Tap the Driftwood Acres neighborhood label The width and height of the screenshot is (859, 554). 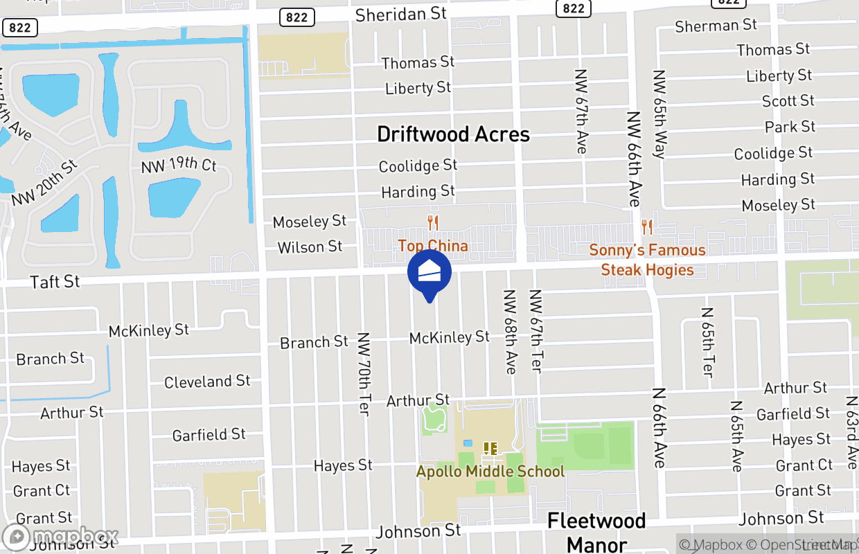pyautogui.click(x=453, y=134)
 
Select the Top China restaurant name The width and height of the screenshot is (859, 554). pyautogui.click(x=433, y=246)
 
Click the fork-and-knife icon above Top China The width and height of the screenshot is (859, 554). pyautogui.click(x=433, y=223)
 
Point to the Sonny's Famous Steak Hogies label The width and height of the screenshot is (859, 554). pyautogui.click(x=647, y=260)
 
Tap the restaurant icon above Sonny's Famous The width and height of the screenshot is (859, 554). pyautogui.click(x=647, y=226)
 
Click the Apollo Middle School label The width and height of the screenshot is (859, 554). pyautogui.click(x=490, y=472)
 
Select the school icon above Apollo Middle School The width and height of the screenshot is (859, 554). pyautogui.click(x=490, y=449)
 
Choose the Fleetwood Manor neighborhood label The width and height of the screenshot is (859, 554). pyautogui.click(x=596, y=532)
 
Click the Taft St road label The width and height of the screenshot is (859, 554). pyautogui.click(x=55, y=282)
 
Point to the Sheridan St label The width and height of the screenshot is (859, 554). pyautogui.click(x=400, y=14)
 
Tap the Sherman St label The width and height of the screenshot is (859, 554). pyautogui.click(x=716, y=26)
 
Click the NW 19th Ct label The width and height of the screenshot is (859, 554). pyautogui.click(x=179, y=166)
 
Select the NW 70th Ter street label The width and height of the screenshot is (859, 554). pyautogui.click(x=364, y=374)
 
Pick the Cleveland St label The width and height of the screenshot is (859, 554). pyautogui.click(x=207, y=382)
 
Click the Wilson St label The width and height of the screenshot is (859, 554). pyautogui.click(x=310, y=247)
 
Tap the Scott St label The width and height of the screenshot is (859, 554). pyautogui.click(x=788, y=101)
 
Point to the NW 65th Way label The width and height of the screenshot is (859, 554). pyautogui.click(x=659, y=114)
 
